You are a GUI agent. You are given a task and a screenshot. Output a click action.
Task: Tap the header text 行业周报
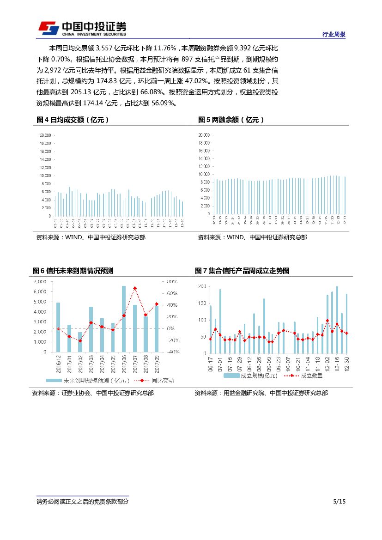click(x=333, y=35)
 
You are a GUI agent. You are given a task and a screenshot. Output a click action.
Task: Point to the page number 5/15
click(x=339, y=502)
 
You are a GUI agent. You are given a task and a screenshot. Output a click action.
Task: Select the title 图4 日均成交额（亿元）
click(x=73, y=120)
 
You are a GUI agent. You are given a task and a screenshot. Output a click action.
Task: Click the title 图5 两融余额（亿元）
click(x=231, y=120)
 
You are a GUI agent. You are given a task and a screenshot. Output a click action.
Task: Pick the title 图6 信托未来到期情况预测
click(x=73, y=271)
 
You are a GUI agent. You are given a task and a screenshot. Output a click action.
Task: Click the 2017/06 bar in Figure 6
click(x=124, y=319)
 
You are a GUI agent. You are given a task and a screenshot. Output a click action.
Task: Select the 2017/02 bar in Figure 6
click(x=80, y=342)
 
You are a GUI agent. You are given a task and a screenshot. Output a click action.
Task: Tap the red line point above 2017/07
click(x=135, y=288)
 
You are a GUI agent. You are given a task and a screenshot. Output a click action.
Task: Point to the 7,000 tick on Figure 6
click(x=40, y=281)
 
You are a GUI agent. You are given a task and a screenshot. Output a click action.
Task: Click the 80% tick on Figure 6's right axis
click(x=172, y=281)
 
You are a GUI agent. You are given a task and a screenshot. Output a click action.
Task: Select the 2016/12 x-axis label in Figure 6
click(x=58, y=364)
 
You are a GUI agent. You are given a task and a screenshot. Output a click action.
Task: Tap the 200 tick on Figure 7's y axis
click(x=201, y=286)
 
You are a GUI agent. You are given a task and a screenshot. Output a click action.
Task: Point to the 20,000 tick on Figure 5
click(x=204, y=135)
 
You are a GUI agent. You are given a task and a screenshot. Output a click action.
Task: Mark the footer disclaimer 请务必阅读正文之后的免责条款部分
click(x=83, y=502)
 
